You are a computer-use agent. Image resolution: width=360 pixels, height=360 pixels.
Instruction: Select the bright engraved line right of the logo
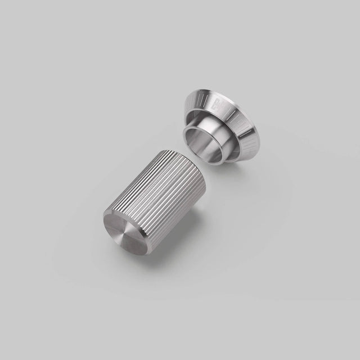coord(234,108)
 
